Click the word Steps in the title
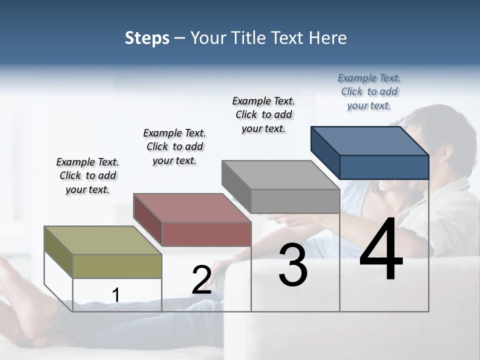click(147, 38)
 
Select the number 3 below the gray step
click(292, 265)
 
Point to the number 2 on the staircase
click(201, 280)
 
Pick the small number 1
click(115, 295)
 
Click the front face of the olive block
click(117, 266)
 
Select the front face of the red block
click(206, 234)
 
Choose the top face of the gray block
click(280, 175)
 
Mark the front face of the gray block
click(295, 201)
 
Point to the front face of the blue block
click(384, 167)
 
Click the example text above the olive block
click(87, 175)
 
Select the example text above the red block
click(174, 146)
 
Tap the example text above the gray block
click(263, 114)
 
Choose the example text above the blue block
click(369, 91)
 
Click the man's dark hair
click(450, 125)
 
